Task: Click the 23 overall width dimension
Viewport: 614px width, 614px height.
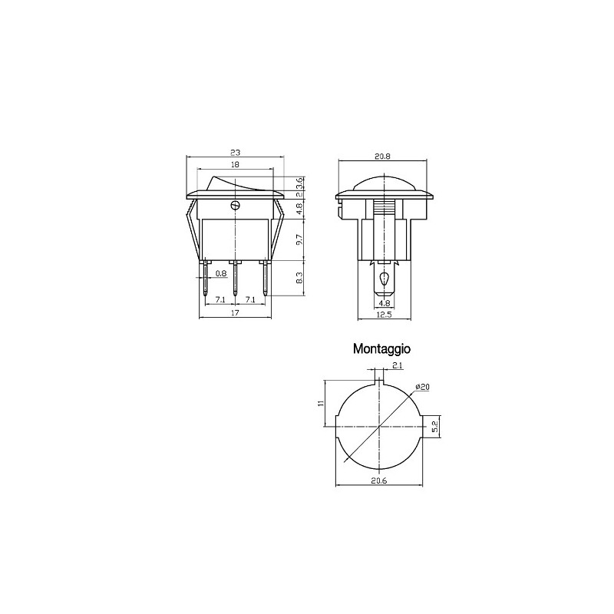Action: point(235,152)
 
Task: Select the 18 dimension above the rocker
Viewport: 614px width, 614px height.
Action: point(235,164)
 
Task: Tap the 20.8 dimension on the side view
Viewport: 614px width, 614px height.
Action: point(382,157)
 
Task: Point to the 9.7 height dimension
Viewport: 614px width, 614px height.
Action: point(299,239)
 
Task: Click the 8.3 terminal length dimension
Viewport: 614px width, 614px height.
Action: point(299,278)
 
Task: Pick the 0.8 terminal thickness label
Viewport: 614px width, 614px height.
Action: point(221,273)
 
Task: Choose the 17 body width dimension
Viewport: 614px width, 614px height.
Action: point(235,312)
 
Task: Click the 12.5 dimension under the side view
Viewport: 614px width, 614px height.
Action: point(384,315)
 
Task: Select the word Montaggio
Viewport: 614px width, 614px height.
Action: point(381,349)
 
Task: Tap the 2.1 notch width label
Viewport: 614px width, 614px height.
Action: point(398,366)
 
